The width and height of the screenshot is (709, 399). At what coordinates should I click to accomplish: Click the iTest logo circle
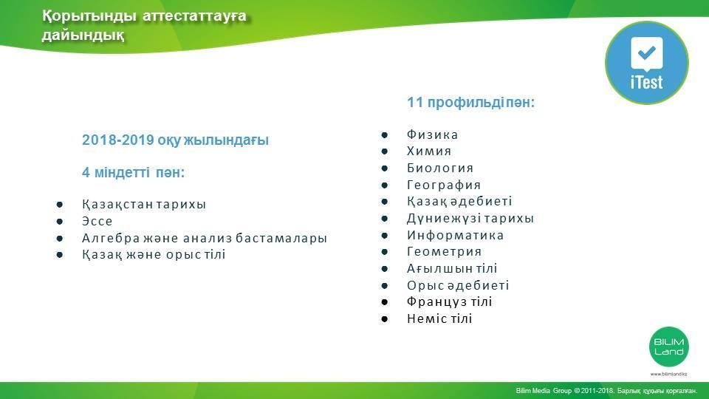(647, 62)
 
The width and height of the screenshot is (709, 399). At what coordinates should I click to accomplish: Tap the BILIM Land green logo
(669, 347)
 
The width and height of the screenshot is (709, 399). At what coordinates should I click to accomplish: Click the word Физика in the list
(432, 134)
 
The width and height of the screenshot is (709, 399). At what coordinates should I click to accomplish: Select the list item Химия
(428, 151)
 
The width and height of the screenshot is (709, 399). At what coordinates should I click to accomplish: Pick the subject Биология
(440, 168)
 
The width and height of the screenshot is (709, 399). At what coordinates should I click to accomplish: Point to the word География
(444, 185)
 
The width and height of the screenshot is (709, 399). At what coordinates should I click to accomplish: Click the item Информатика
(455, 235)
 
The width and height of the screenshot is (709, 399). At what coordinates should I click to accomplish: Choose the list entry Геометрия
(444, 251)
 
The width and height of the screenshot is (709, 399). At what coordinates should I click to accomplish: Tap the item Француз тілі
(449, 301)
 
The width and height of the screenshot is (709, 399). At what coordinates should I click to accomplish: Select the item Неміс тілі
(439, 318)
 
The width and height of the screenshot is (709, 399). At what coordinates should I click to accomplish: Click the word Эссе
(97, 221)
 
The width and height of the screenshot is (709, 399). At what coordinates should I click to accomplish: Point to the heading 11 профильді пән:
(470, 102)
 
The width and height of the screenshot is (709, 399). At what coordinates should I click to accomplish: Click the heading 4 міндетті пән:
(133, 172)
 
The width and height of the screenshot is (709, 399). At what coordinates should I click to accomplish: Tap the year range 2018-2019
(118, 140)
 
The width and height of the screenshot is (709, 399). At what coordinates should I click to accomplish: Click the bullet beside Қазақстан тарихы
(59, 205)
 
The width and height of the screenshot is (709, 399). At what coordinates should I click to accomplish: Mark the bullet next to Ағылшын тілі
(384, 269)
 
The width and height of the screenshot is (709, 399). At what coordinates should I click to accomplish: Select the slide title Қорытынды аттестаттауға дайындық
(144, 25)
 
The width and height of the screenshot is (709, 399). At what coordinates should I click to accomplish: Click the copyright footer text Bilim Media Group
(544, 390)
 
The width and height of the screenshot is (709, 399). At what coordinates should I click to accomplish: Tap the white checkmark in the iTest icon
(647, 52)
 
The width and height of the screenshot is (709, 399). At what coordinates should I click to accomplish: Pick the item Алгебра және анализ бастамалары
(204, 238)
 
